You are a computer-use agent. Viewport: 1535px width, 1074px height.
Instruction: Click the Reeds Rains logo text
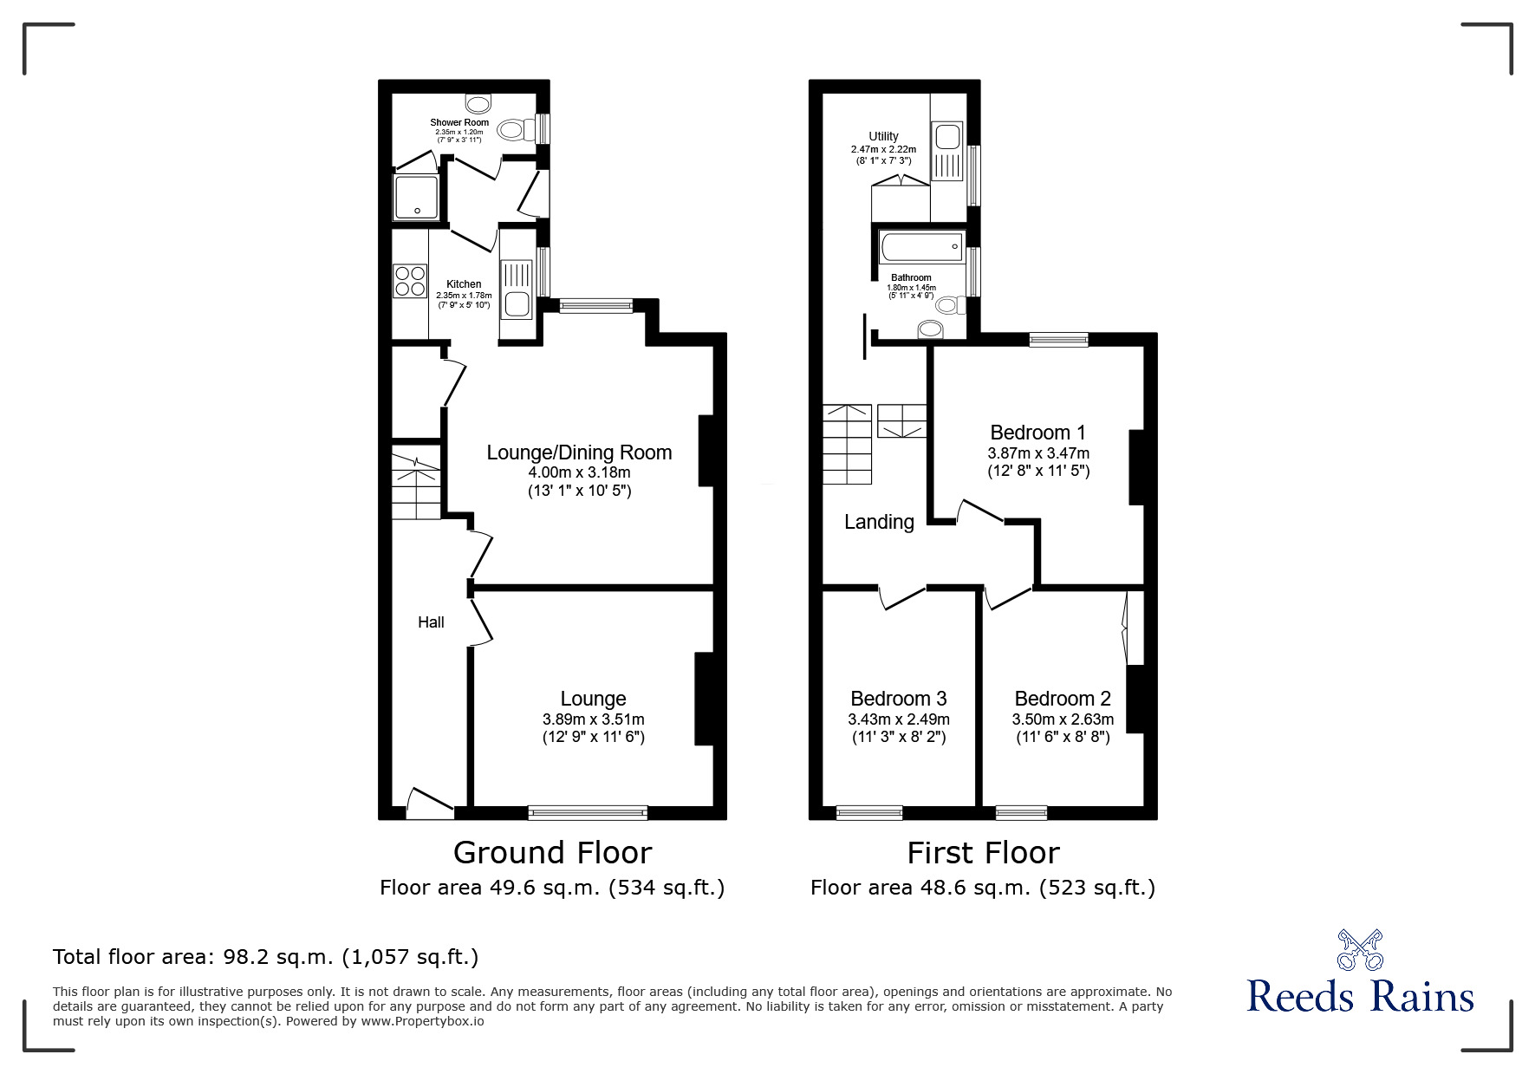[x=1360, y=996]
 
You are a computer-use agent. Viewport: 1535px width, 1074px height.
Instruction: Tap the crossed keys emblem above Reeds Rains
[x=1360, y=950]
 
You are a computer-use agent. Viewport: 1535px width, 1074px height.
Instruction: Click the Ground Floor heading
[x=552, y=853]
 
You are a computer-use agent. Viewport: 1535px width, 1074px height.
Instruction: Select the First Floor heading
[x=983, y=853]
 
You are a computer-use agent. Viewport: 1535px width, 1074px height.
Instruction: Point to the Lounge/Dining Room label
[x=579, y=452]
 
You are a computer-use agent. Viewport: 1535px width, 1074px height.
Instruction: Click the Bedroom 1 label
[x=1037, y=433]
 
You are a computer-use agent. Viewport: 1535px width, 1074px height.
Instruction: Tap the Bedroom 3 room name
[x=898, y=699]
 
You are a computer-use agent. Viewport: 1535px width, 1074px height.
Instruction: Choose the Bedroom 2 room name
[x=1062, y=699]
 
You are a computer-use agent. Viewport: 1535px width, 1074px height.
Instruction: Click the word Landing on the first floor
[x=879, y=522]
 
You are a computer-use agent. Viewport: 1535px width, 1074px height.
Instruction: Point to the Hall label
[x=431, y=622]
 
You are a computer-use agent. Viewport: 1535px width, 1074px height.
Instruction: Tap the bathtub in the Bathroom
[x=920, y=247]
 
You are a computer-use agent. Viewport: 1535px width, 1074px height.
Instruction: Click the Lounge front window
[x=588, y=812]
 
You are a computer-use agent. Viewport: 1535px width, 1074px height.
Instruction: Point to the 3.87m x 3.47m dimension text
[x=1038, y=453]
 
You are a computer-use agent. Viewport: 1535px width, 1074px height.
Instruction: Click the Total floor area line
[x=265, y=957]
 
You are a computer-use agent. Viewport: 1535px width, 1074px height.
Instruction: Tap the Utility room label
[x=883, y=136]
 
